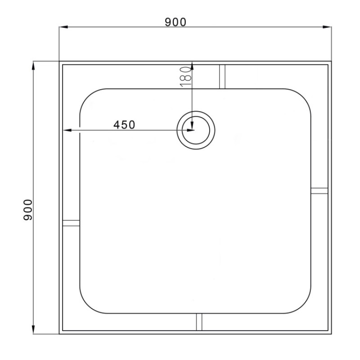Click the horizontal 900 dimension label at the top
175,22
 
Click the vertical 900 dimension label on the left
28,210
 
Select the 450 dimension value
124,125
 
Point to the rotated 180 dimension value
186,76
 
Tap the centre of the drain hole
196,130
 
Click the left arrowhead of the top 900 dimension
63,27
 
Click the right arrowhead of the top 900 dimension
327,27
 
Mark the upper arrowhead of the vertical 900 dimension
33,66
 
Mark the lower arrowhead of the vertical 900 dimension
33,329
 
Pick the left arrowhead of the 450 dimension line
67,130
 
